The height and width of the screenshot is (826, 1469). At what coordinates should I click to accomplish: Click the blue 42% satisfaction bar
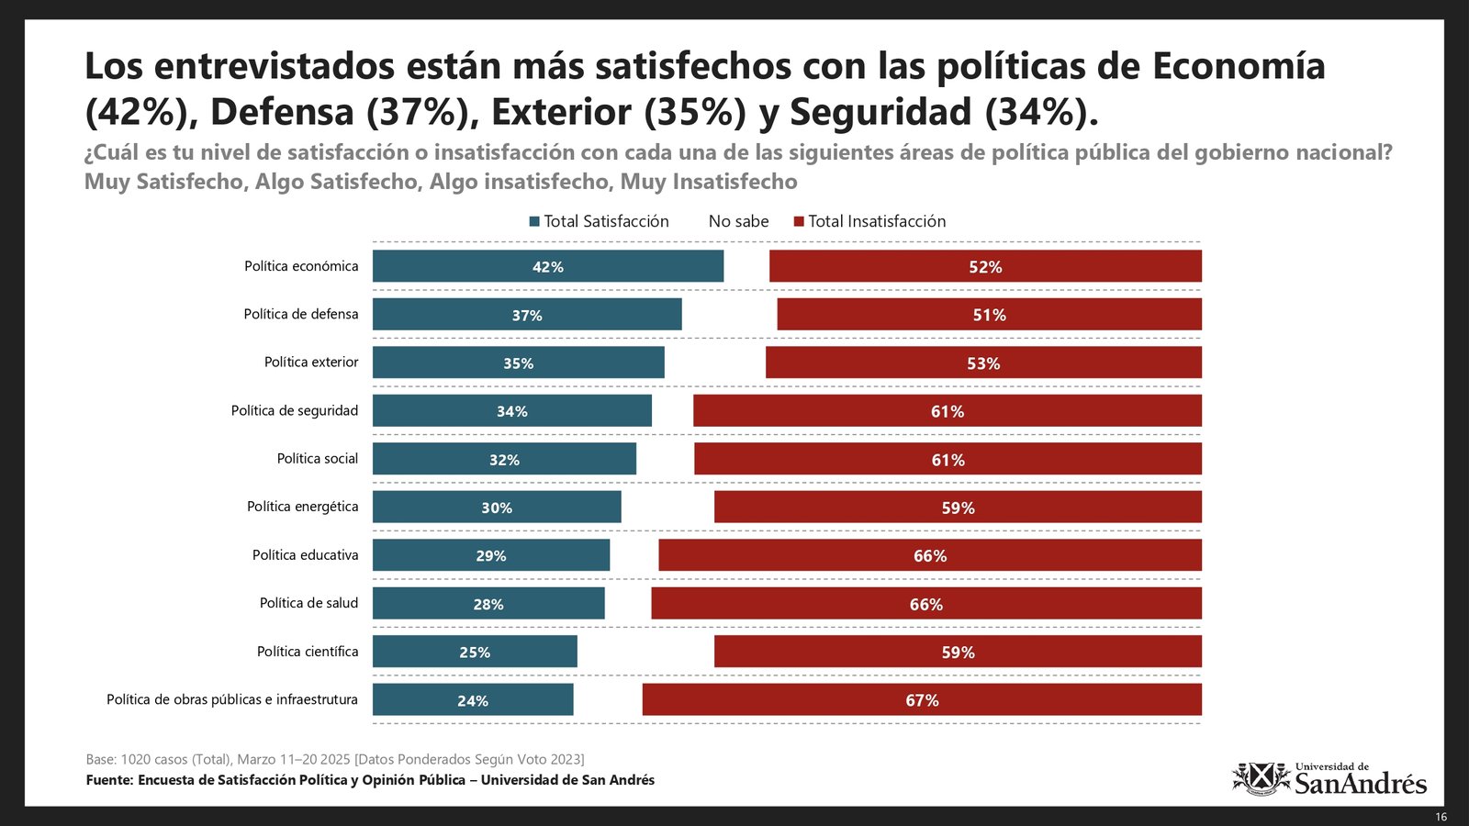(547, 266)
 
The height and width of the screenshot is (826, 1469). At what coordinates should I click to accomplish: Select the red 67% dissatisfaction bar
(922, 699)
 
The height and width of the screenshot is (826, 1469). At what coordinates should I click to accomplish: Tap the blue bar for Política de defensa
(527, 314)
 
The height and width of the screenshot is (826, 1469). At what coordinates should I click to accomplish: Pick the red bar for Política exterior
(983, 363)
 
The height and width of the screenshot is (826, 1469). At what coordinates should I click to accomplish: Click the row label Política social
(318, 459)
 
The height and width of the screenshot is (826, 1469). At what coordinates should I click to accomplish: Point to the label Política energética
(302, 507)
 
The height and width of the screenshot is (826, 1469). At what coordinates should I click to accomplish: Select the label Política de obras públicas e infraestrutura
(232, 699)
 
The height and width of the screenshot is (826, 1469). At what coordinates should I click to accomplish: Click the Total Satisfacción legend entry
(599, 221)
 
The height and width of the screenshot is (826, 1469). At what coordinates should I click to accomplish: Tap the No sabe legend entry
(738, 221)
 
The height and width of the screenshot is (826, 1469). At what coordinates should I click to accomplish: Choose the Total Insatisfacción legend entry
(869, 221)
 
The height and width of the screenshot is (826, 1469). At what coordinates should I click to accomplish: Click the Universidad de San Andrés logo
(1329, 778)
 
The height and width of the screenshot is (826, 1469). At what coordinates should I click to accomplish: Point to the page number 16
(1441, 817)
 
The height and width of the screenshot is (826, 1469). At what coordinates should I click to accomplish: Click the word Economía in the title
(1238, 66)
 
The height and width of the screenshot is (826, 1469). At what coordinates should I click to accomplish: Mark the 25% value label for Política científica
(475, 653)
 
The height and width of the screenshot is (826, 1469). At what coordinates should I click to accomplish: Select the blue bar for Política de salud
(488, 603)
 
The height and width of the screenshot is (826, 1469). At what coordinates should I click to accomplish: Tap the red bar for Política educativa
(929, 555)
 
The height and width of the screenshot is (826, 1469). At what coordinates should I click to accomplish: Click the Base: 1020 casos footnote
(335, 759)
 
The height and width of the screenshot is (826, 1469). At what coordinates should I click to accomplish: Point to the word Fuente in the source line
(109, 780)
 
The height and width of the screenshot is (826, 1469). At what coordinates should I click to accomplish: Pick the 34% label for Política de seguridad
(511, 411)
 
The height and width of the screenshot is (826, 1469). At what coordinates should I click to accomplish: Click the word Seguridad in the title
(880, 112)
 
